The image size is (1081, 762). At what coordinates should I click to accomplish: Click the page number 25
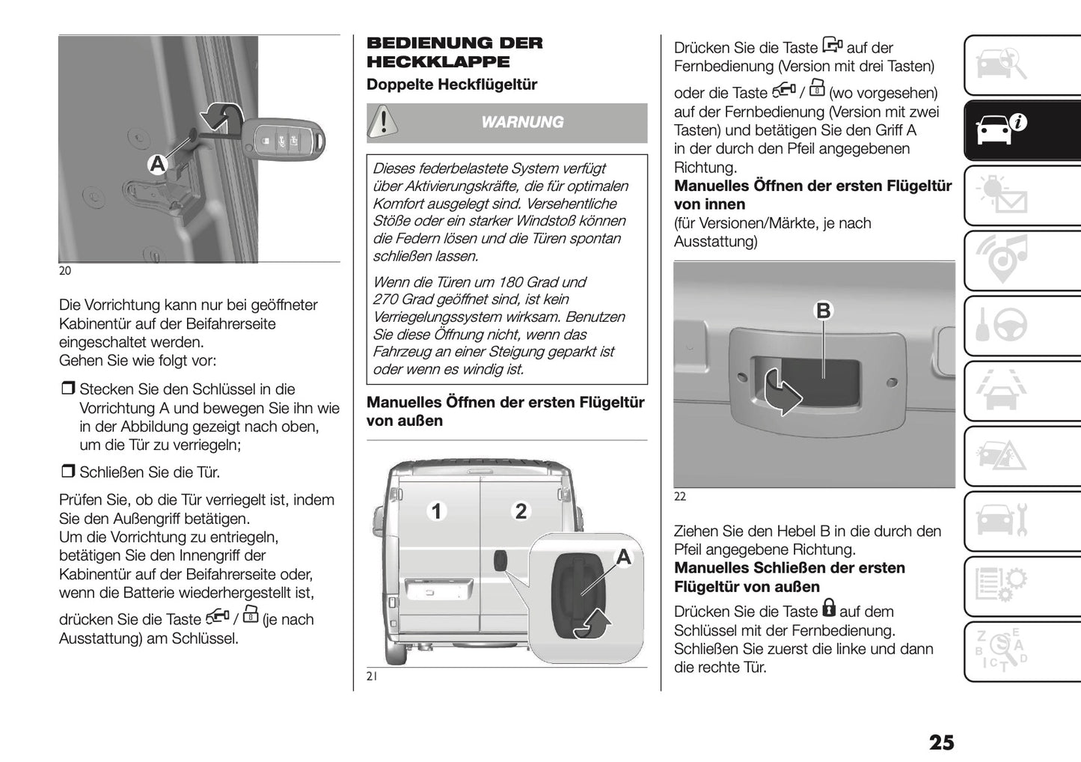click(x=941, y=742)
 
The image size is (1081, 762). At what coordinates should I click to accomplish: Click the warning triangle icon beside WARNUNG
click(x=383, y=121)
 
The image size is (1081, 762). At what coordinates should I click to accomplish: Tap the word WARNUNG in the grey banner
click(x=522, y=122)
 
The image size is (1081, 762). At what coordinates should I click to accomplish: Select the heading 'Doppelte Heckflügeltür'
click(x=452, y=85)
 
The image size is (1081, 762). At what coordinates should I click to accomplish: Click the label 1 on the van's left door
click(x=436, y=511)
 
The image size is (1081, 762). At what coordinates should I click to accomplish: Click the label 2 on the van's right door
click(x=521, y=511)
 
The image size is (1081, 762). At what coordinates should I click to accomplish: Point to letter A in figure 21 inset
click(x=623, y=556)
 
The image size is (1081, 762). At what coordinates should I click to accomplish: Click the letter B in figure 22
click(x=823, y=311)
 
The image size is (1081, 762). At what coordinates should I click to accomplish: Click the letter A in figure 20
click(x=157, y=164)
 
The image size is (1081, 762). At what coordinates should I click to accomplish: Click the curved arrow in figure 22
click(x=781, y=393)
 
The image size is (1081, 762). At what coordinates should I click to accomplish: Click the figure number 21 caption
click(x=372, y=677)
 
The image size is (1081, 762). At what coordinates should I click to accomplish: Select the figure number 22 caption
click(x=680, y=496)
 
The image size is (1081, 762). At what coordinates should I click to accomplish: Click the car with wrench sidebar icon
click(x=1002, y=520)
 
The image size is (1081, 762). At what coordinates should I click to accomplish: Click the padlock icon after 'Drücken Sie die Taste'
click(x=828, y=607)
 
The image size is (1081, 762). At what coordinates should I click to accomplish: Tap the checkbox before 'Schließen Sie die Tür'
click(x=67, y=472)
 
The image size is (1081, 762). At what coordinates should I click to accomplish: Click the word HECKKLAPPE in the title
click(x=438, y=62)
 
